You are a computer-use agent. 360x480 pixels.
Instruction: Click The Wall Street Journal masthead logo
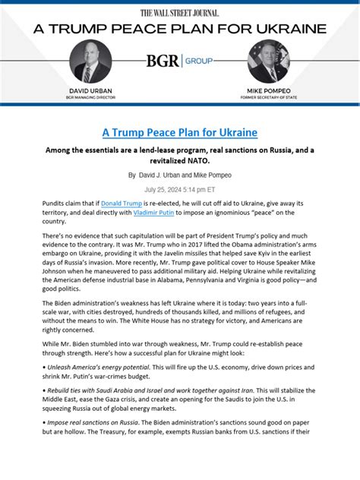tap(179, 13)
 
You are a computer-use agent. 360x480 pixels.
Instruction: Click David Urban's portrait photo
tap(90, 62)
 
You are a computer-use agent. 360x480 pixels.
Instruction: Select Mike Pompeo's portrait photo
tap(269, 62)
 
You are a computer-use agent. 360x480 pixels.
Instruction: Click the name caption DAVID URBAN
tap(90, 90)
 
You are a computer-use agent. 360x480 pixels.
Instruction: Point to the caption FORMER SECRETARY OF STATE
tap(269, 98)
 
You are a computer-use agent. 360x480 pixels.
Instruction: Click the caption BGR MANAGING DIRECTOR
tap(90, 98)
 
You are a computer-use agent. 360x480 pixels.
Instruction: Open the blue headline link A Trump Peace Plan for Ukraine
tap(180, 132)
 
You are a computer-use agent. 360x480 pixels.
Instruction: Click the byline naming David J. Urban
tap(180, 175)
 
